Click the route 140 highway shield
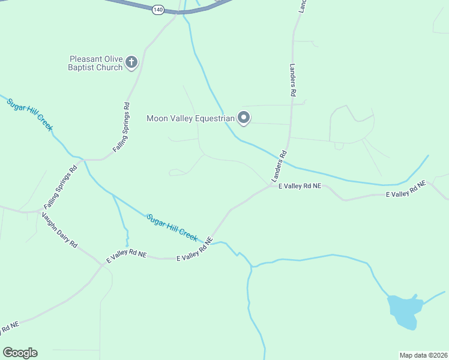click(x=158, y=10)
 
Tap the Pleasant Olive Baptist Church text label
click(x=96, y=63)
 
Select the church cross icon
click(x=131, y=62)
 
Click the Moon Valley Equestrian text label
click(x=190, y=118)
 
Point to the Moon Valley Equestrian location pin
click(x=244, y=118)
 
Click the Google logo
click(x=20, y=353)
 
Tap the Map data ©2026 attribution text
click(x=424, y=355)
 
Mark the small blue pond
click(x=403, y=311)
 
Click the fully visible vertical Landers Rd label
click(x=294, y=80)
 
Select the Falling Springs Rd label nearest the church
click(x=122, y=127)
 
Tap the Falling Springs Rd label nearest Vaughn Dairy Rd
click(x=61, y=187)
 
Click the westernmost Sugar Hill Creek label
click(x=30, y=115)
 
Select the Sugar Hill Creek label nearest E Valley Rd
click(x=172, y=227)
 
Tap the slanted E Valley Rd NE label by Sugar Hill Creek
click(x=195, y=248)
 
